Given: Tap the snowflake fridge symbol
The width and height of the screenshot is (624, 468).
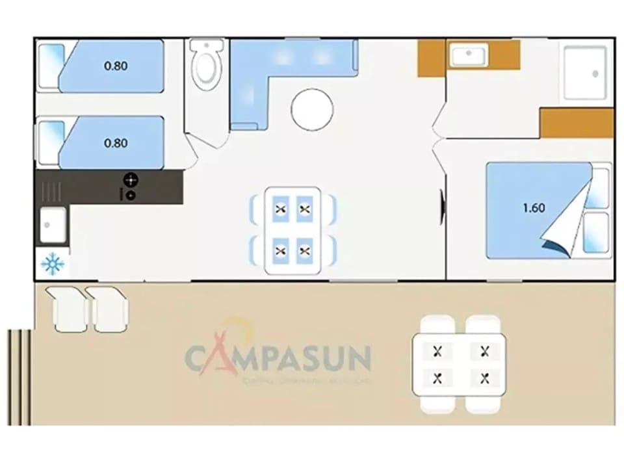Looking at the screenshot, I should point(53,264).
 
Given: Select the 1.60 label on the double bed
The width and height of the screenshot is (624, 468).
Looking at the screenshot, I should point(534,209).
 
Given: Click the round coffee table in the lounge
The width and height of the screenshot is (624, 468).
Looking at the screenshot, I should point(312,109).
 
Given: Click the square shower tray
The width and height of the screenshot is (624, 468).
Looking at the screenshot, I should point(584,72).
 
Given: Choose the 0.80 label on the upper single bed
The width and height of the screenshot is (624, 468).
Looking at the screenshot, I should point(116,66).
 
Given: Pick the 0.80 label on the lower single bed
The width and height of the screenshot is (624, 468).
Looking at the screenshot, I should point(116,144).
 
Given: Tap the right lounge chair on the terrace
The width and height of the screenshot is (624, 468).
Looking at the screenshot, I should point(109,309).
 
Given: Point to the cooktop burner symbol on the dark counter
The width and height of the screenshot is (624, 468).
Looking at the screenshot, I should point(131,179).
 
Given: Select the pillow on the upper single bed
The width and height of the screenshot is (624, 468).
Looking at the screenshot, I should point(51,66).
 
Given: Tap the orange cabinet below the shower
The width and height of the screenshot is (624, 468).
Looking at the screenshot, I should point(577,123).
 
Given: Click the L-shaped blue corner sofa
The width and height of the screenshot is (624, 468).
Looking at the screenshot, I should point(273,71).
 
